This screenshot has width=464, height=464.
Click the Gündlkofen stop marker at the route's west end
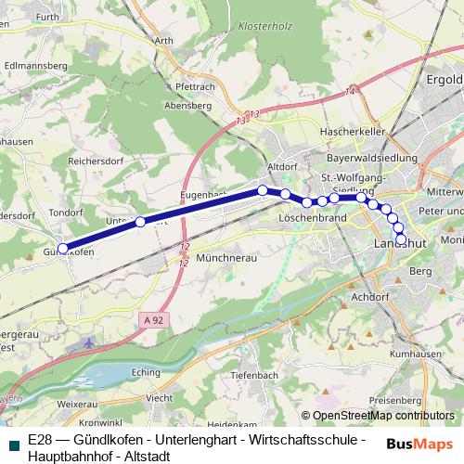coord(63,249)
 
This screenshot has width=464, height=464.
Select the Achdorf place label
coord(371,297)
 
